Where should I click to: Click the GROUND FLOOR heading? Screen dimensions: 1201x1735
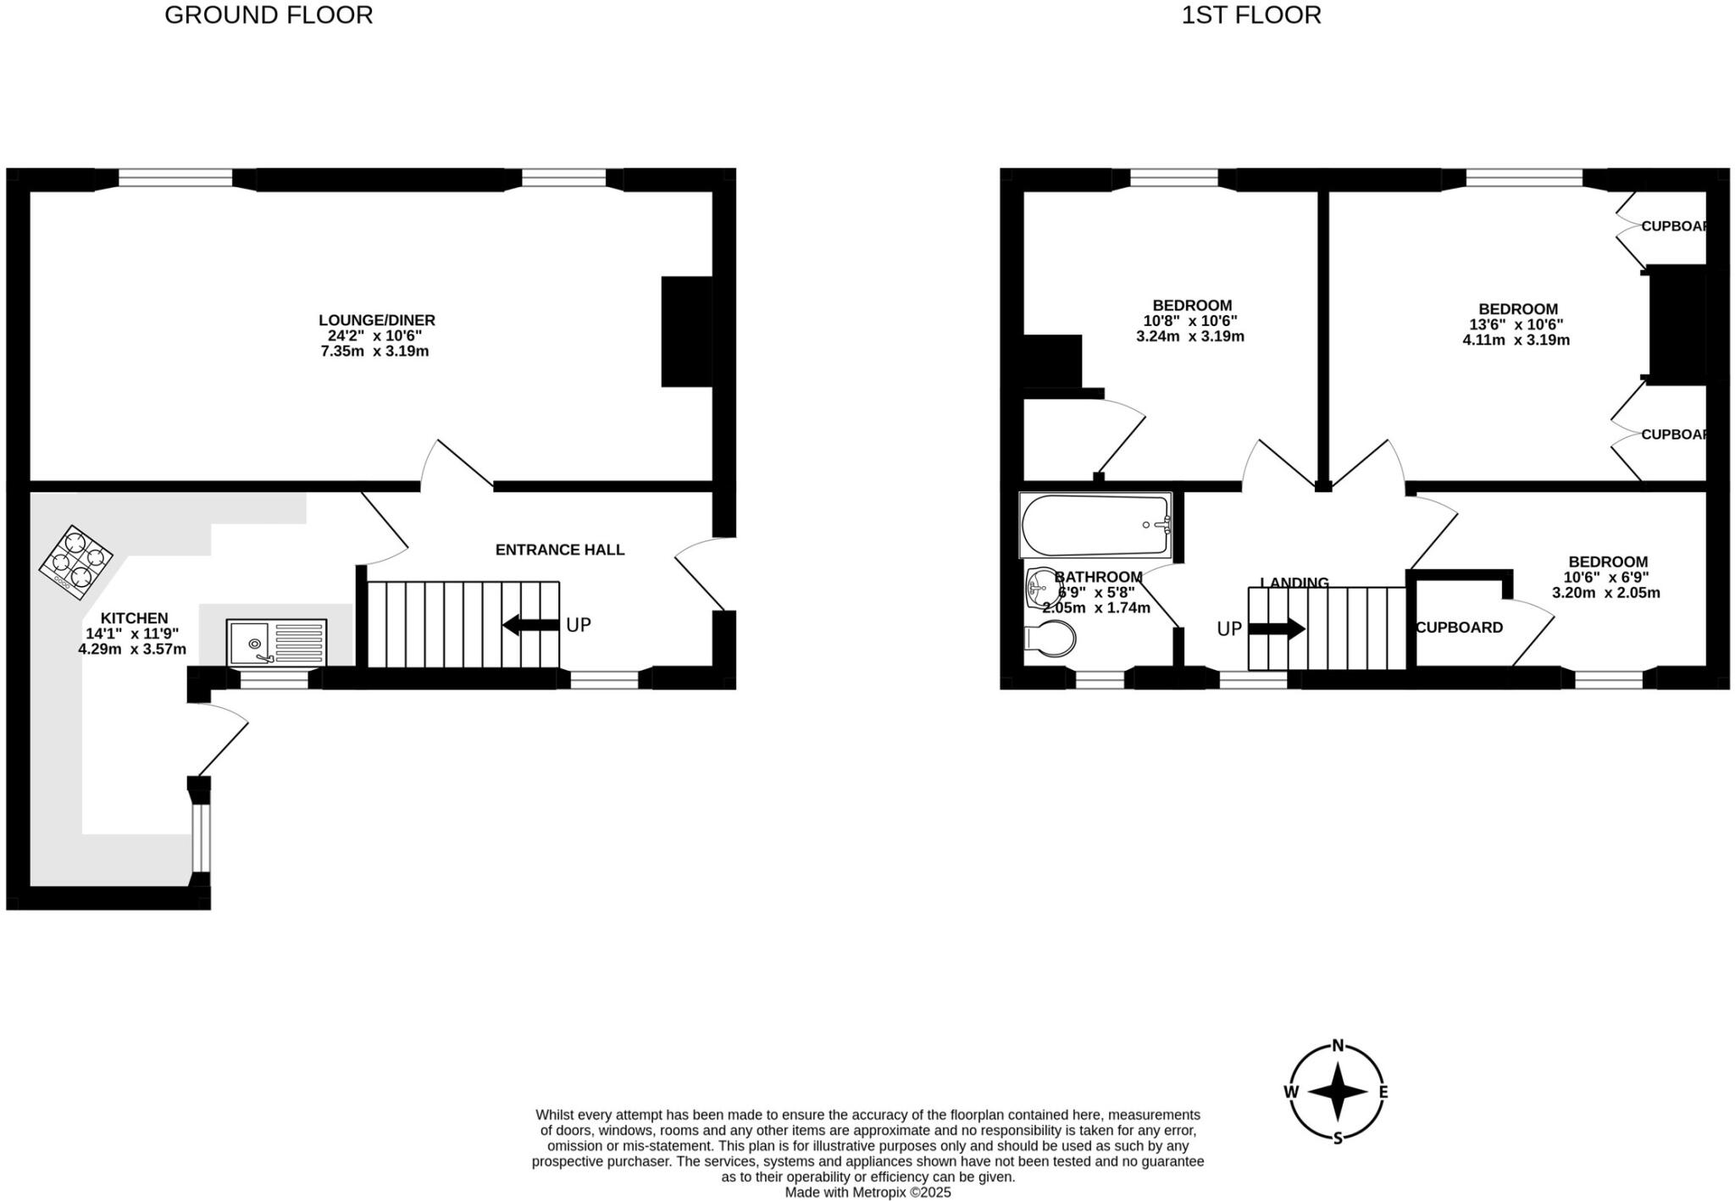tap(269, 15)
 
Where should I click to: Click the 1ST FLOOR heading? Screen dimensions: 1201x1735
tap(1251, 15)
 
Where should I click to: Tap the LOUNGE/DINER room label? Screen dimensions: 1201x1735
tap(377, 320)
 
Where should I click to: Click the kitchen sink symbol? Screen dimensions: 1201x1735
tap(276, 643)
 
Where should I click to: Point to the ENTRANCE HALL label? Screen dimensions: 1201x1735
tap(560, 550)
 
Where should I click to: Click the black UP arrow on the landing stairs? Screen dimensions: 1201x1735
tap(1277, 628)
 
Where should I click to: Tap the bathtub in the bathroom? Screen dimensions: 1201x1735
tap(1095, 525)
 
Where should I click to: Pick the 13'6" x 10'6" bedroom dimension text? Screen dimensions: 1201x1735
tap(1516, 324)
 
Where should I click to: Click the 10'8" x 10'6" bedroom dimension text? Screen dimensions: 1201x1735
tap(1190, 321)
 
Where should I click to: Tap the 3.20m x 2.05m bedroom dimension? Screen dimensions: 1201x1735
tap(1606, 593)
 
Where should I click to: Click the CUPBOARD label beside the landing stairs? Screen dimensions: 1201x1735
tap(1460, 628)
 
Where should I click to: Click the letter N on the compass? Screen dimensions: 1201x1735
tap(1339, 1045)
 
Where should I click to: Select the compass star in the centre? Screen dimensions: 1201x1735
tap(1339, 1092)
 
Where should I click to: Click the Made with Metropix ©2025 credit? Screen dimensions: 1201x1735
tap(867, 1193)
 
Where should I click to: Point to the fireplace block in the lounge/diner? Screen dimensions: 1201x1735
tap(687, 332)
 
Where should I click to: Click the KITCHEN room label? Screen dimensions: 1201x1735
tap(134, 618)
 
